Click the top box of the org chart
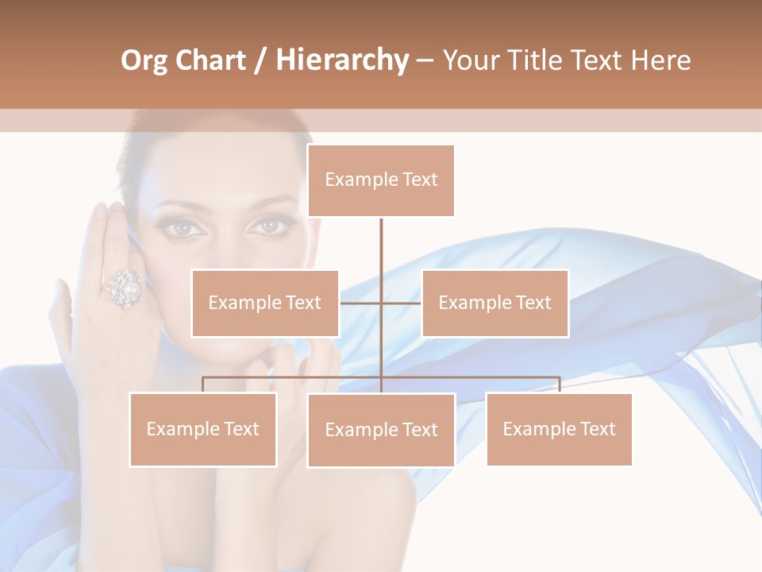click(x=381, y=180)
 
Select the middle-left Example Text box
click(x=265, y=303)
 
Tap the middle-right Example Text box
click(x=495, y=303)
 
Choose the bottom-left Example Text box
click(x=203, y=429)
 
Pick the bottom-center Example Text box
click(x=381, y=430)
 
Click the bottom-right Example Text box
click(x=559, y=429)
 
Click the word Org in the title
click(x=144, y=60)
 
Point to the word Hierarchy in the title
click(x=341, y=60)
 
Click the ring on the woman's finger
click(x=123, y=288)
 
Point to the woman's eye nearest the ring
click(x=184, y=229)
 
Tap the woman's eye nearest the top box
click(x=270, y=226)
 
